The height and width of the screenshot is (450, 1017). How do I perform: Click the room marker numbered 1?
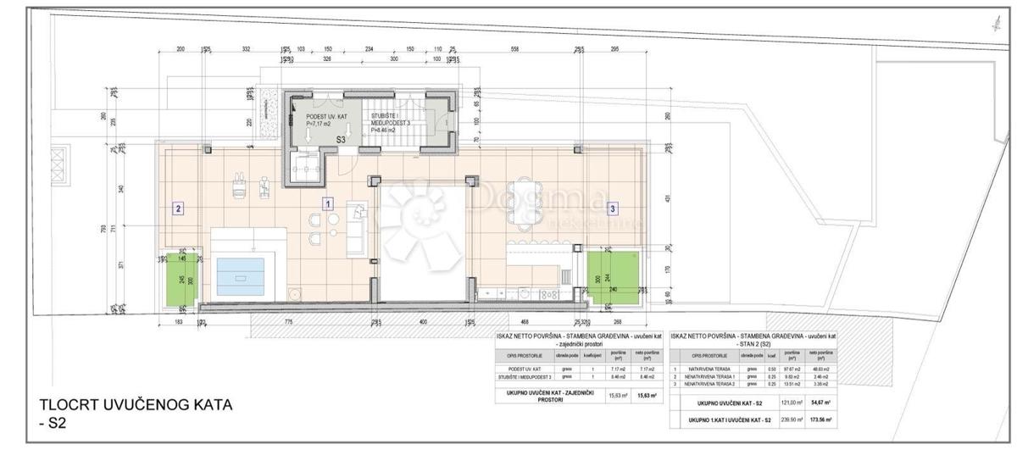(x=328, y=203)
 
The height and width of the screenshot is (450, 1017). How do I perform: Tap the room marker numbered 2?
(x=178, y=207)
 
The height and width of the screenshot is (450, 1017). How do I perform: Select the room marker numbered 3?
(x=614, y=207)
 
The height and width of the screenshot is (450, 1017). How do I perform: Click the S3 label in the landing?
(x=341, y=139)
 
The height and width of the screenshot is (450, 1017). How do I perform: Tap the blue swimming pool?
(x=241, y=274)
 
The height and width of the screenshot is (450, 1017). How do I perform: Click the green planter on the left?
(x=181, y=279)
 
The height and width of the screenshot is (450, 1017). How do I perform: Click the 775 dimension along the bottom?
(x=288, y=322)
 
